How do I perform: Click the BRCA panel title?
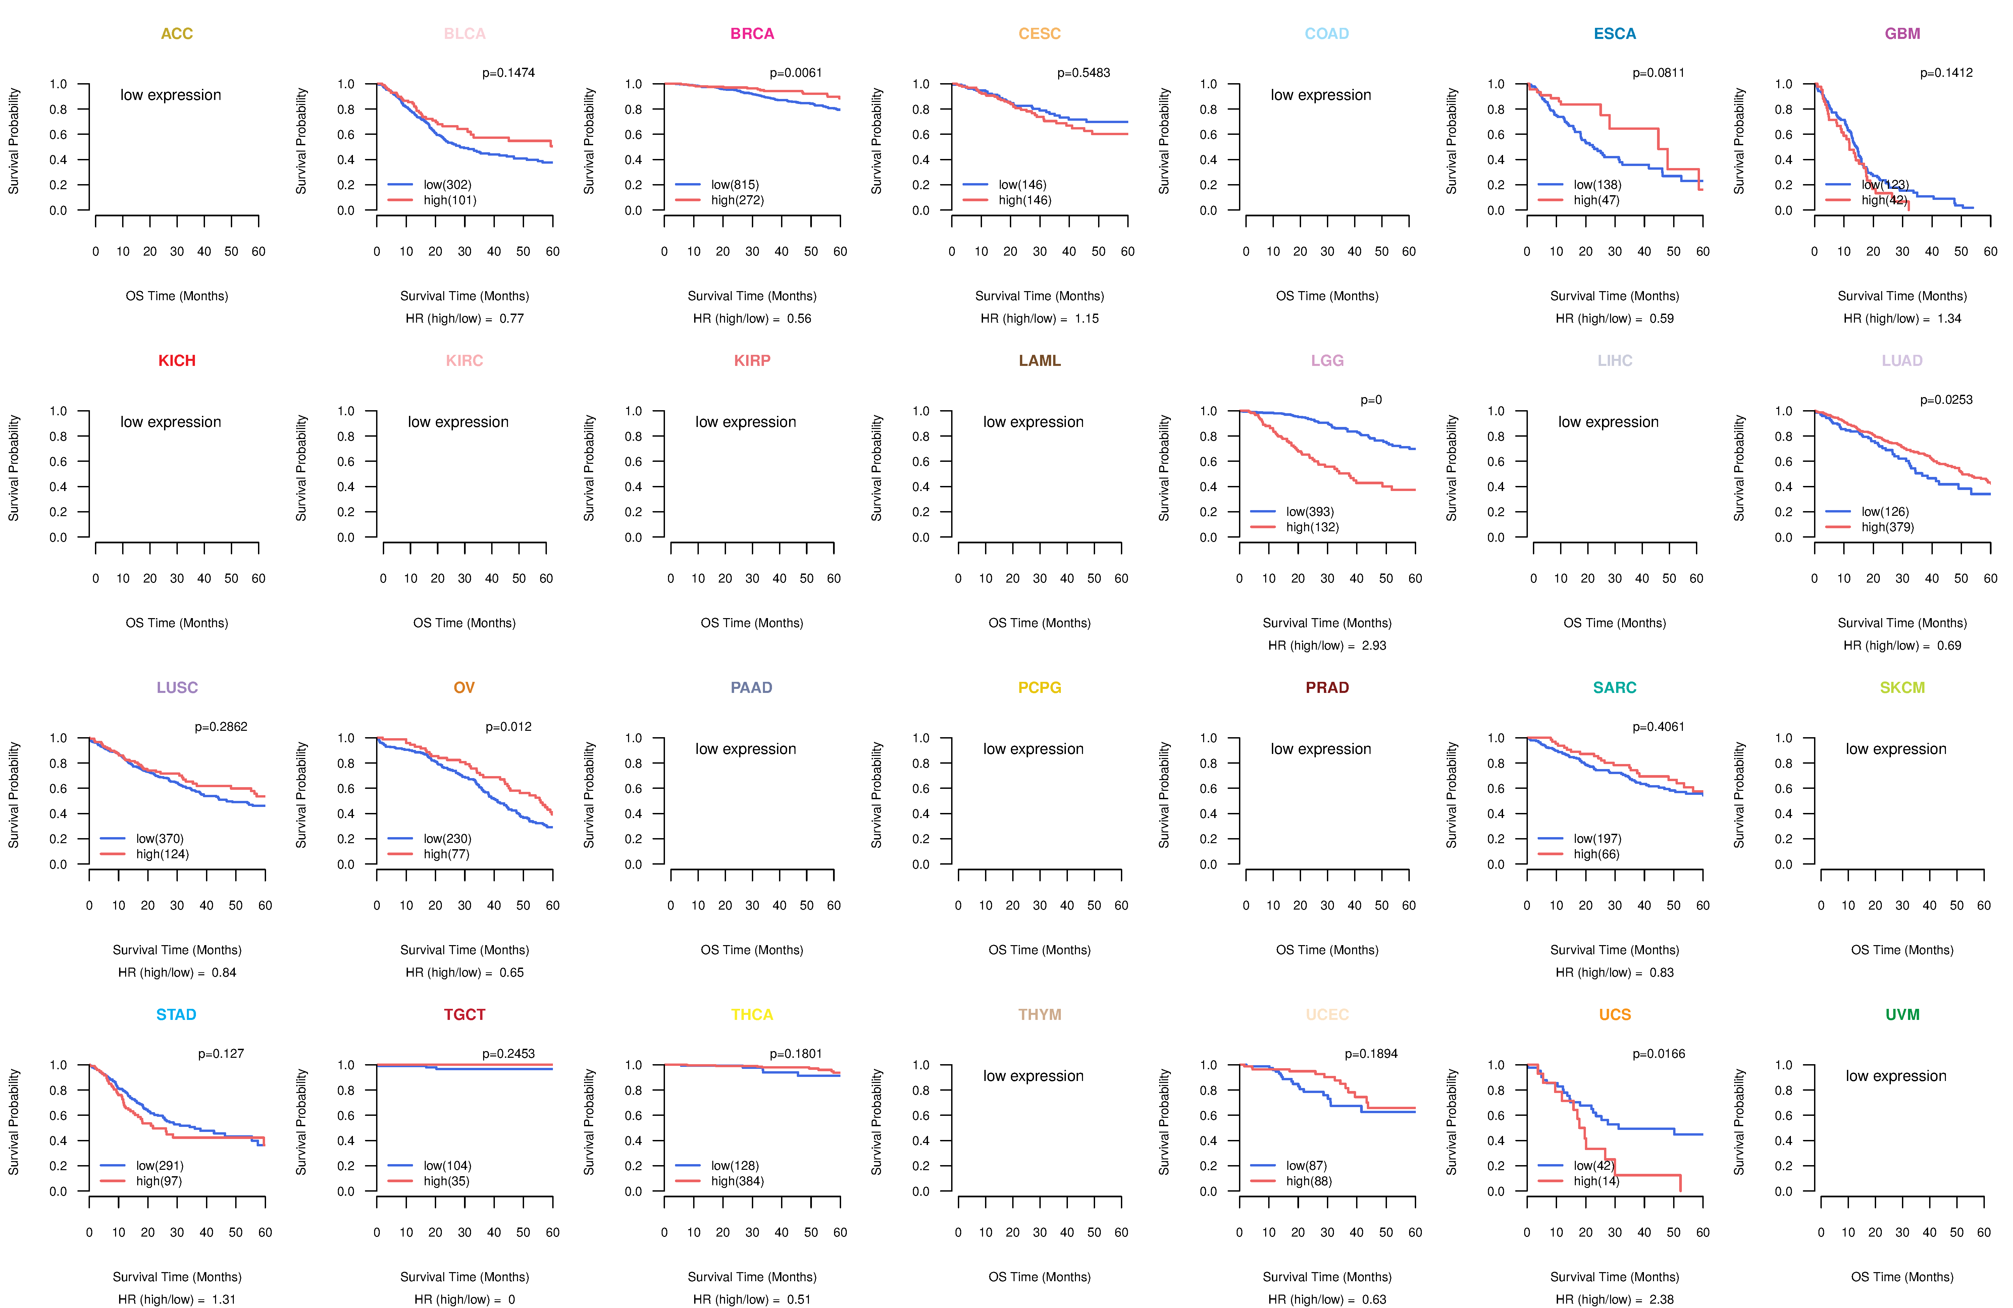752,34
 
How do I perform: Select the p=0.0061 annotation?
795,73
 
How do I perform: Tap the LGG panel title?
1327,361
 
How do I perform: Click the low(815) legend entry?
734,184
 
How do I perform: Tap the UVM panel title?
1902,1015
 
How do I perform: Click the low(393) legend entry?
1309,511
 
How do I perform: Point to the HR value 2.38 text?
1661,1300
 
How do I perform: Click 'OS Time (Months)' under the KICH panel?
177,623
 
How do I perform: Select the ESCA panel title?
1615,34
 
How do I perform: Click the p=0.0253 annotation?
1945,400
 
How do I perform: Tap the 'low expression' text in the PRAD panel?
1320,749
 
